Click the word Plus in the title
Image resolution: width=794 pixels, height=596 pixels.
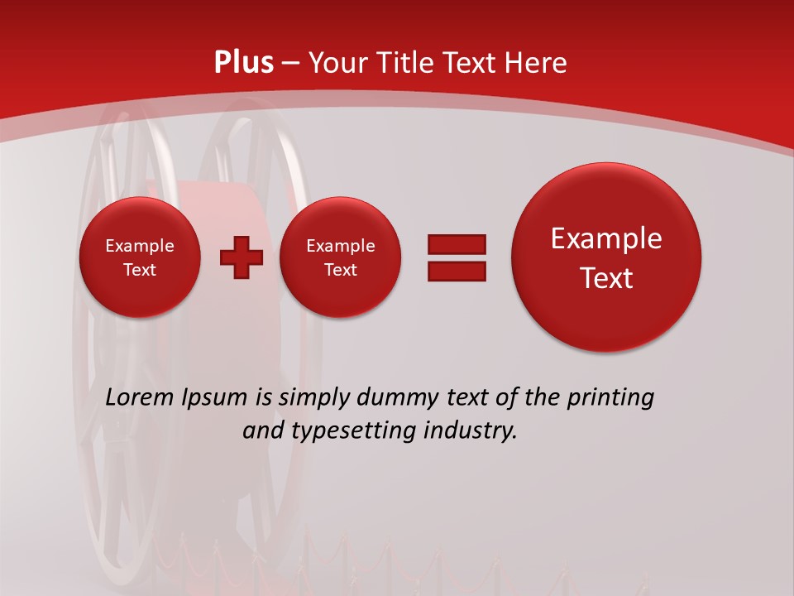click(x=243, y=63)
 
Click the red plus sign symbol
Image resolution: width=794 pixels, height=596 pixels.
click(x=241, y=257)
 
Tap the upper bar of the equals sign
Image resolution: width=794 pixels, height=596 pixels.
click(x=457, y=244)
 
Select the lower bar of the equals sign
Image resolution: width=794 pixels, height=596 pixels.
click(x=457, y=271)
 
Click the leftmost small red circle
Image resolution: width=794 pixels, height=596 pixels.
click(x=140, y=257)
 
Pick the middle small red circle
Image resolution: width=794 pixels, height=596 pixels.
click(x=340, y=257)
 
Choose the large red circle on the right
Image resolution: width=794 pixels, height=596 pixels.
click(x=606, y=257)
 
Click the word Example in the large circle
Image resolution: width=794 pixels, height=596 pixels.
click(x=606, y=238)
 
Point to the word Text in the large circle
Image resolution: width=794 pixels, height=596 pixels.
click(x=606, y=278)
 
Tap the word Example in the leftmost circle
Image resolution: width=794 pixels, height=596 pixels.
click(x=140, y=246)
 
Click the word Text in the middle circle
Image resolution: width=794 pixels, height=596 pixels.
click(x=340, y=270)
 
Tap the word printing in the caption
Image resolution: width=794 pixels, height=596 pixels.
click(x=610, y=398)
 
